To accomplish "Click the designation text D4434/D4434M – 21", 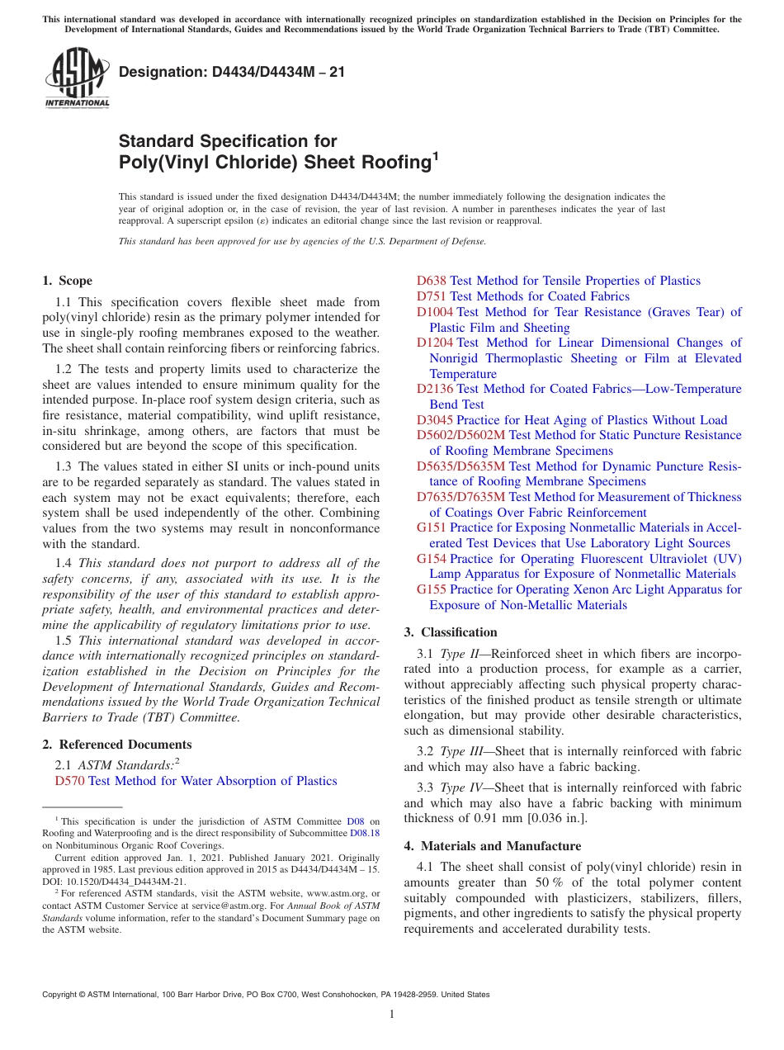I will tap(232, 73).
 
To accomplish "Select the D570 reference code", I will tap(69, 781).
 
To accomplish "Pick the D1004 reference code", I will tap(435, 312).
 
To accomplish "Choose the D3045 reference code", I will tap(435, 420).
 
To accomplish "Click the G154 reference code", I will tap(432, 559).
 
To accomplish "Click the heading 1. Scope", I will tap(67, 281).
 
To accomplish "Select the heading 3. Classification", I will tap(451, 632).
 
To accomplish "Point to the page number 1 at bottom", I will tap(392, 1014).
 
